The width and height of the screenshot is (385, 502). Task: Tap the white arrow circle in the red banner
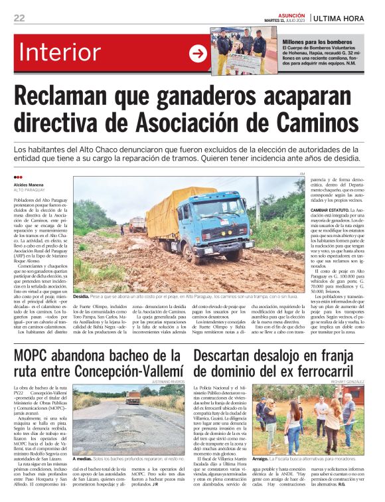(198, 54)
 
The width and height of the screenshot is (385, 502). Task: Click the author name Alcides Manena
(29, 185)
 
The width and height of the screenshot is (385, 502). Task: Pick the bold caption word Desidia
(81, 295)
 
